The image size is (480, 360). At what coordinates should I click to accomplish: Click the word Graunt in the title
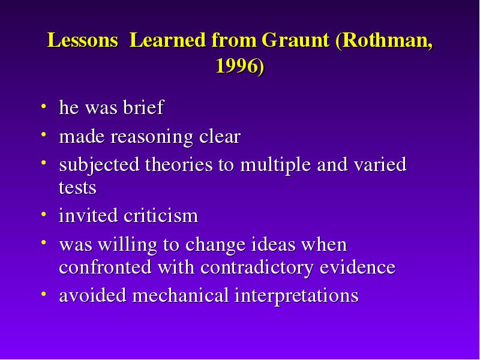[x=295, y=40]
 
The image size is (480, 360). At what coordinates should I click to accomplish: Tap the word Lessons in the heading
[x=83, y=40]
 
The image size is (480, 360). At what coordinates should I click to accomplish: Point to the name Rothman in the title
[x=383, y=40]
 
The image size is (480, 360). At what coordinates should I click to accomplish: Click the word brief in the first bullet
[x=143, y=107]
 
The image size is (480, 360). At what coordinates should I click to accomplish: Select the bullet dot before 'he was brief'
[x=43, y=106]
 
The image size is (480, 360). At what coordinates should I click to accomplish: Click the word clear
[x=220, y=136]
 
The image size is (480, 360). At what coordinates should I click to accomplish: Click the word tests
[x=77, y=187]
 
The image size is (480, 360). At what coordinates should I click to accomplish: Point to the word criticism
[x=161, y=215]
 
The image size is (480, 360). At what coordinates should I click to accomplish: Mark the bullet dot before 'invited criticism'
[x=43, y=214]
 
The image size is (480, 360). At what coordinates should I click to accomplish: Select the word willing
[x=127, y=245]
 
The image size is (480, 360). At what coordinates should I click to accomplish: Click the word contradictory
[x=257, y=267]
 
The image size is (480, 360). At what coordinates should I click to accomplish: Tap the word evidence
[x=358, y=266]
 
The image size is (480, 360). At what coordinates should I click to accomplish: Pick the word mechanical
[x=181, y=295]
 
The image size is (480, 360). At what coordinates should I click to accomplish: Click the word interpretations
[x=296, y=296]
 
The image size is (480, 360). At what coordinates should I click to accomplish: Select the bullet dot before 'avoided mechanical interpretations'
[x=43, y=294]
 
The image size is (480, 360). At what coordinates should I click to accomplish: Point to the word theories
[x=179, y=164]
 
